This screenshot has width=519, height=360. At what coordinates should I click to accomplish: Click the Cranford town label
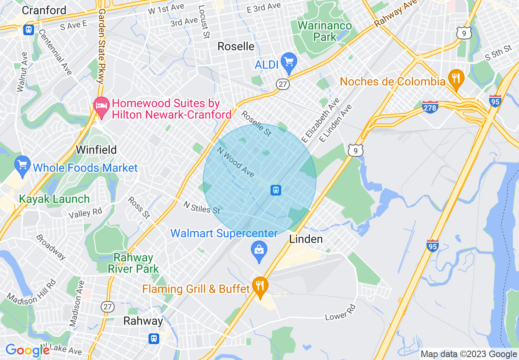pos(44,10)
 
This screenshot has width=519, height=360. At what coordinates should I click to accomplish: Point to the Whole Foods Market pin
pos(22,165)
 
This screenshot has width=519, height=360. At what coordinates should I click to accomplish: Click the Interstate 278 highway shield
pos(430,107)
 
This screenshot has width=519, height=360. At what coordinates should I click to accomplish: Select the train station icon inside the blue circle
pos(276,190)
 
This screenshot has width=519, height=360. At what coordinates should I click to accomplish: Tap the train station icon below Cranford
pos(29,30)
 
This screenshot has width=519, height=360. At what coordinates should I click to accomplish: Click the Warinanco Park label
pos(325,31)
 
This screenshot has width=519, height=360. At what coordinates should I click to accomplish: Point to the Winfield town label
pos(96,150)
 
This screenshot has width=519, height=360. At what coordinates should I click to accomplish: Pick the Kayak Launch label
pos(54,199)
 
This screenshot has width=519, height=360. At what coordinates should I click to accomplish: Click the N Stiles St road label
pos(202,207)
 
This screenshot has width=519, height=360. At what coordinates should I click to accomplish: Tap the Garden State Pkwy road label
pos(101,41)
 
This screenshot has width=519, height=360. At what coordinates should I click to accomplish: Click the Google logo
pos(27,350)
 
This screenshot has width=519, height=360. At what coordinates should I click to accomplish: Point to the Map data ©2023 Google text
pos(469,354)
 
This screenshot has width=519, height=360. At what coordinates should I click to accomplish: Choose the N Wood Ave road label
pos(236,162)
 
